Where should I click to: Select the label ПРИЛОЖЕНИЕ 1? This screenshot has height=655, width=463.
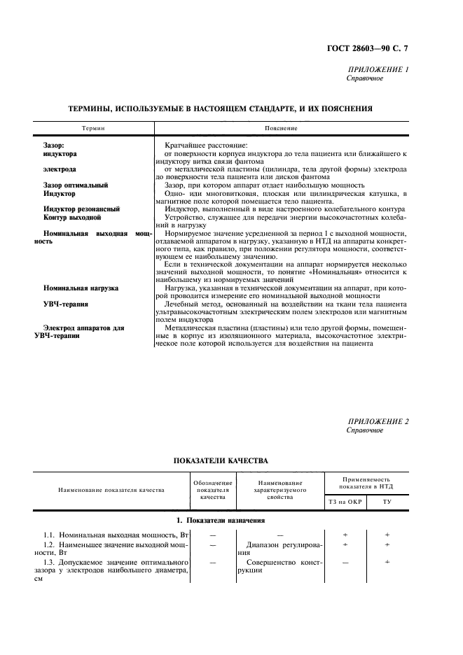[x=378, y=70]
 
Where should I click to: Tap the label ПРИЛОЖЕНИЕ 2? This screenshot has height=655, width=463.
[x=378, y=421]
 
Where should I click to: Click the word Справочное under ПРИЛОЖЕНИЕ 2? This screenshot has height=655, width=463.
[x=365, y=430]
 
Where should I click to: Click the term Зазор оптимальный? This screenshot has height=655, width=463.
[x=76, y=185]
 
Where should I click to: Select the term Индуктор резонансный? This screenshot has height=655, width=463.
[x=81, y=209]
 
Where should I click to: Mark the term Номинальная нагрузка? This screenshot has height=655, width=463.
[x=81, y=288]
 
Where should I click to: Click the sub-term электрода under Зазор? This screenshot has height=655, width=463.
[x=60, y=169]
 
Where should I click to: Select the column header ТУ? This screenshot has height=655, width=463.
[x=387, y=501]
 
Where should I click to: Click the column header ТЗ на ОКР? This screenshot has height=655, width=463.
[x=346, y=501]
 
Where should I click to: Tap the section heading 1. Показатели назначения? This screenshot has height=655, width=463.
[x=221, y=521]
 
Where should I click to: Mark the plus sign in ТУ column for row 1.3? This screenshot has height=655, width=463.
[x=387, y=561]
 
